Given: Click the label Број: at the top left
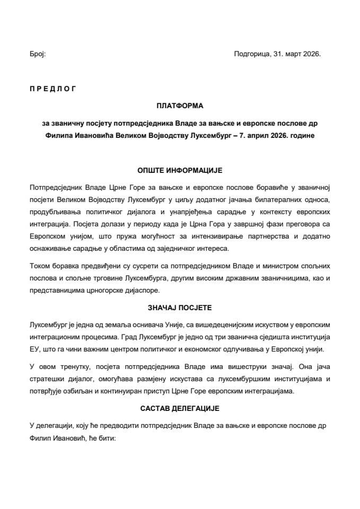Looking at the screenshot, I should pos(38,54).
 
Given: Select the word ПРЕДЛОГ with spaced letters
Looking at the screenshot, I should pos(52,89).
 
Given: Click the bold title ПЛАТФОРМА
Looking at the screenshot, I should pos(180,106).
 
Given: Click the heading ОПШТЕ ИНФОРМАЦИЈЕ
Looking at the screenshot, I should pos(180,170).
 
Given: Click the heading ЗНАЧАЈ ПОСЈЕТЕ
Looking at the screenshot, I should pos(180,307).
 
